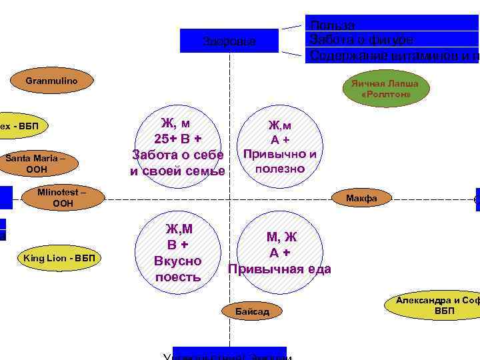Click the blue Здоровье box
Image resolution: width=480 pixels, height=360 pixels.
pos(229,41)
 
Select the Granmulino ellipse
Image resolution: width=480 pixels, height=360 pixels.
pos(51,81)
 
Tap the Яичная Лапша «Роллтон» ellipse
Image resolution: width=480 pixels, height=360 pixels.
pos(385,90)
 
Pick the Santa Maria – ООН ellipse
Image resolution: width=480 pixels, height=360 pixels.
pos(36,164)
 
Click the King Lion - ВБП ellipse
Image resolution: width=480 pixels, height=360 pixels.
pos(59,258)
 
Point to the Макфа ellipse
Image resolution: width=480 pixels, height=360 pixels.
pos(361,198)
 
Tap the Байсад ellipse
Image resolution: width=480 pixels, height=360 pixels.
pos(252,311)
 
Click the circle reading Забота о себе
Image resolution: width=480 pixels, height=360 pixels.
pos(177,147)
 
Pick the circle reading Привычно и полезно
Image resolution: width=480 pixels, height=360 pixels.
pos(279,147)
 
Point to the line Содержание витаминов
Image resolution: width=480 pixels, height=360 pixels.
pos(393,55)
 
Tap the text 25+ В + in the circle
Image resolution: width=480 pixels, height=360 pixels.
pos(177,139)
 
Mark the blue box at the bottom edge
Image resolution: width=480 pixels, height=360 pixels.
pos(229,353)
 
